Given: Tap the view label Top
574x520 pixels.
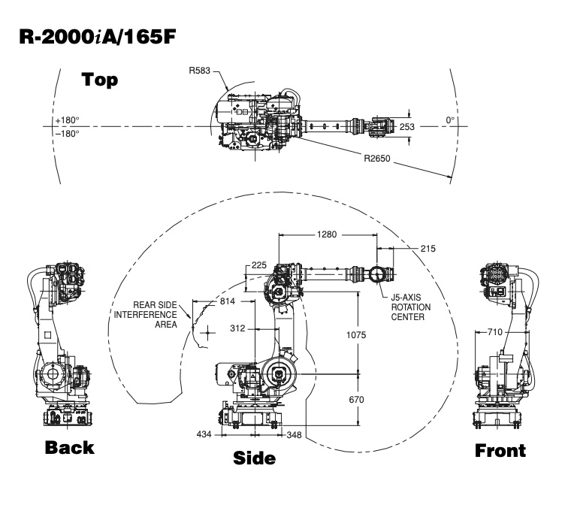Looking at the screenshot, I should [x=99, y=80].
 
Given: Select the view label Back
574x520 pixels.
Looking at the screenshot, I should [x=69, y=448].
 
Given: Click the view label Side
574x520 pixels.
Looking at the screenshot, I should [x=253, y=458].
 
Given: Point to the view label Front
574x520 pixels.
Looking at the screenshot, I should [x=500, y=451].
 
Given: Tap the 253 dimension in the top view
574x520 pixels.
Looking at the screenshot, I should [x=406, y=127].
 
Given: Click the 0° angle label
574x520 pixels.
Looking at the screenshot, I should [x=451, y=119].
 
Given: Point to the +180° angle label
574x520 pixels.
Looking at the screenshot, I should [x=67, y=120].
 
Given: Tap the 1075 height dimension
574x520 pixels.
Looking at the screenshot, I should [x=357, y=335].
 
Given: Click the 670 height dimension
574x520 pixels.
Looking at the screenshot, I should [x=357, y=400].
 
